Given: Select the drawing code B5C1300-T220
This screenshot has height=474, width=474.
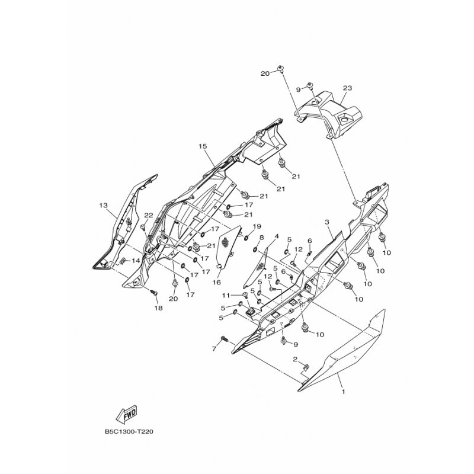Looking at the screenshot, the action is (129, 432).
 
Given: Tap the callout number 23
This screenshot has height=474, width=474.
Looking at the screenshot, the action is (347, 88).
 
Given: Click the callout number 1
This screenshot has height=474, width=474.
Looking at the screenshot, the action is (343, 392).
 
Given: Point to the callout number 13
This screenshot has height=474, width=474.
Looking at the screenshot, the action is (103, 206).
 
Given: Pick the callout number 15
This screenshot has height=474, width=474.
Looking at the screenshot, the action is (203, 146).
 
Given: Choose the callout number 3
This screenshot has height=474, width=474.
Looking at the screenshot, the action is (327, 222).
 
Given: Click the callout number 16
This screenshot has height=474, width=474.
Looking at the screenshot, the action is (216, 283).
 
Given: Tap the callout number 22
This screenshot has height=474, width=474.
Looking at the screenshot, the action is (149, 215).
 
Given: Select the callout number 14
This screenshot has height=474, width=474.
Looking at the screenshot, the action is (136, 261).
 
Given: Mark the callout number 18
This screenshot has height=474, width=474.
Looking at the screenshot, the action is (158, 308).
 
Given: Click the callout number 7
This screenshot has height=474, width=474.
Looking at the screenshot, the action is (214, 349).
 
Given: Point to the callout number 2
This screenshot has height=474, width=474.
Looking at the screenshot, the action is (295, 359).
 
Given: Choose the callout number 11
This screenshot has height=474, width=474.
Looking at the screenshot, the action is (235, 294).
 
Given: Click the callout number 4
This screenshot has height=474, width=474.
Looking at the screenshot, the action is (276, 236).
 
